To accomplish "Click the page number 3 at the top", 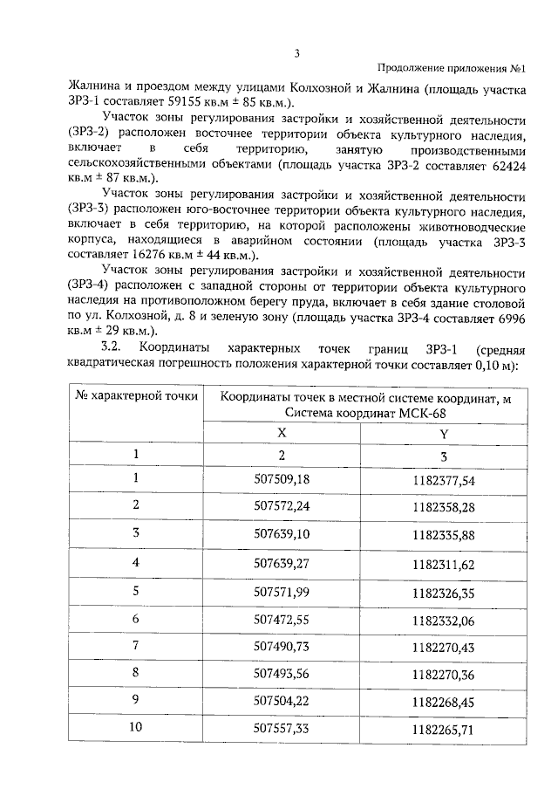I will tap(296, 53).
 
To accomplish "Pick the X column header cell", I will tap(281, 432).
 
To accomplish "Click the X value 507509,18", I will tap(281, 479).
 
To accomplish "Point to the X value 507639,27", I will tap(281, 563).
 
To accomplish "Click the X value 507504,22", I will tap(281, 703).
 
